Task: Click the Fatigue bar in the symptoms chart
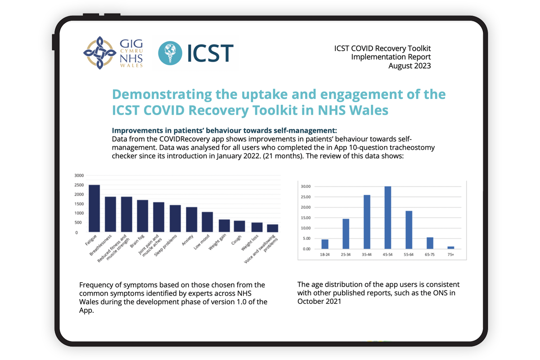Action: tap(94, 208)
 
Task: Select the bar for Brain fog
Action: tap(143, 216)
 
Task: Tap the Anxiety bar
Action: tap(192, 220)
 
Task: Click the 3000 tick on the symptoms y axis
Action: tap(79, 175)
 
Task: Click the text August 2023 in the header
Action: tap(409, 66)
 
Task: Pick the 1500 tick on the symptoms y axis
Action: tap(79, 204)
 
